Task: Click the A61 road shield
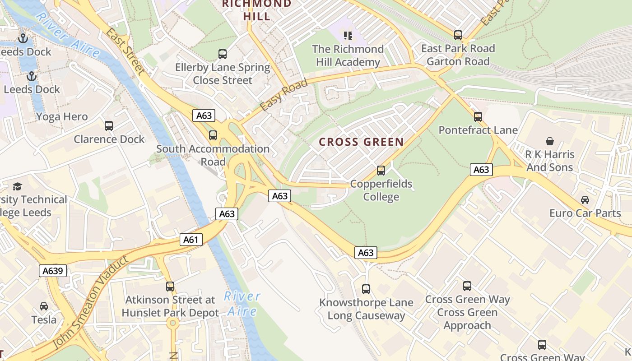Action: tap(191, 240)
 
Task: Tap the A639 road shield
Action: tap(53, 271)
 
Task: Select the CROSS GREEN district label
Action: tap(361, 142)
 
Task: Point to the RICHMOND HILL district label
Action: tap(257, 10)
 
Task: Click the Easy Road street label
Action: tap(284, 96)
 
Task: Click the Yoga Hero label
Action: tap(62, 117)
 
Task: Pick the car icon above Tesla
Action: tap(44, 306)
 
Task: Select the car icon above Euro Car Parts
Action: tap(585, 199)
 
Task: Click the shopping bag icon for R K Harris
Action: tap(550, 141)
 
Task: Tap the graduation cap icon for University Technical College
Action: tap(17, 186)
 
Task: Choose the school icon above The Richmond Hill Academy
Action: tap(348, 35)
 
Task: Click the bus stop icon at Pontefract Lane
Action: tap(478, 117)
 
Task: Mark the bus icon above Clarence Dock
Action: tap(109, 126)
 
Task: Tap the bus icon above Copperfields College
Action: tap(381, 171)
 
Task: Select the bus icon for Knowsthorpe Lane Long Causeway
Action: tap(366, 289)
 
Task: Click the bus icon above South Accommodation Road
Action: tap(213, 135)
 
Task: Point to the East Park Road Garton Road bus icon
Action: tap(458, 35)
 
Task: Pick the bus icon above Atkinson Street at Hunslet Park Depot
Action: tap(170, 287)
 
